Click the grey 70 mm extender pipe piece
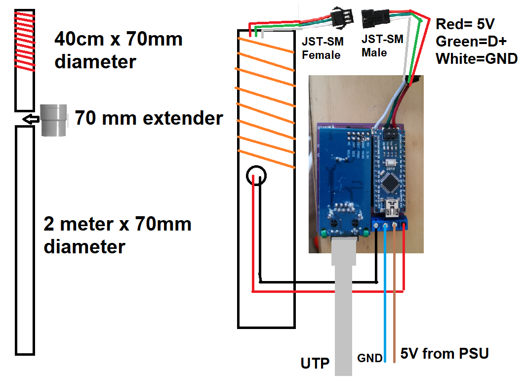click(x=53, y=120)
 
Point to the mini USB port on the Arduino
click(x=391, y=207)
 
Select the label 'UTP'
click(x=315, y=363)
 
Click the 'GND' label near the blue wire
click(x=369, y=358)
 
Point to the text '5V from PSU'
click(x=444, y=354)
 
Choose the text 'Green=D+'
click(x=471, y=42)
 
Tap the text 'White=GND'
click(x=477, y=59)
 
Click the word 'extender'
click(x=183, y=118)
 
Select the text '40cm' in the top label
click(x=79, y=39)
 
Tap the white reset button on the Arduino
click(x=391, y=163)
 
